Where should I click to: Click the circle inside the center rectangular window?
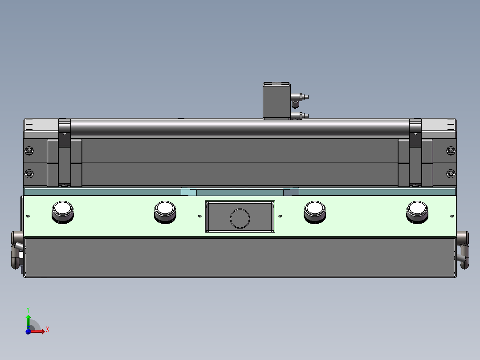click(x=240, y=218)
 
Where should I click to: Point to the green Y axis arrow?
click(x=28, y=318)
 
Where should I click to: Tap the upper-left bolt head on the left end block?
click(x=29, y=151)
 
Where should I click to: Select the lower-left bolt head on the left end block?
click(x=29, y=173)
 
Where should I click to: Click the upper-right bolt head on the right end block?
click(x=451, y=151)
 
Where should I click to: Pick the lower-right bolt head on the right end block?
click(x=451, y=173)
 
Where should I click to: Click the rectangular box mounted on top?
click(x=276, y=100)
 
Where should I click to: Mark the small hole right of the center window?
click(x=280, y=216)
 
